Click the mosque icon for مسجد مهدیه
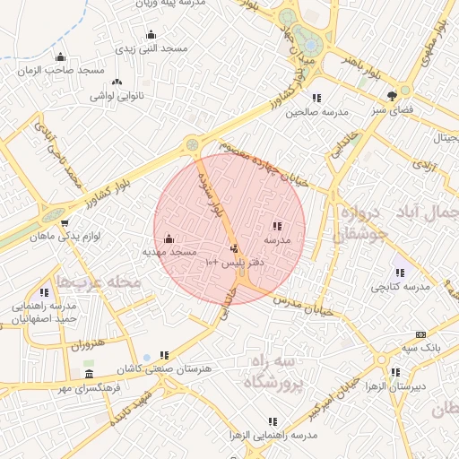(170, 239)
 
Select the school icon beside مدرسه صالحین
(316, 98)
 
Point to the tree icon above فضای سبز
(393, 95)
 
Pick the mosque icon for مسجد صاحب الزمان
(61, 56)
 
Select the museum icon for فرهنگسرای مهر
(88, 374)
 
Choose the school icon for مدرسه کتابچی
(399, 273)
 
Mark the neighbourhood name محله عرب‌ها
(99, 281)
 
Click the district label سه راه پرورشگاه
(276, 370)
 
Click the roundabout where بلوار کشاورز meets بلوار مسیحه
(191, 144)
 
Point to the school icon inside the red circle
(277, 226)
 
